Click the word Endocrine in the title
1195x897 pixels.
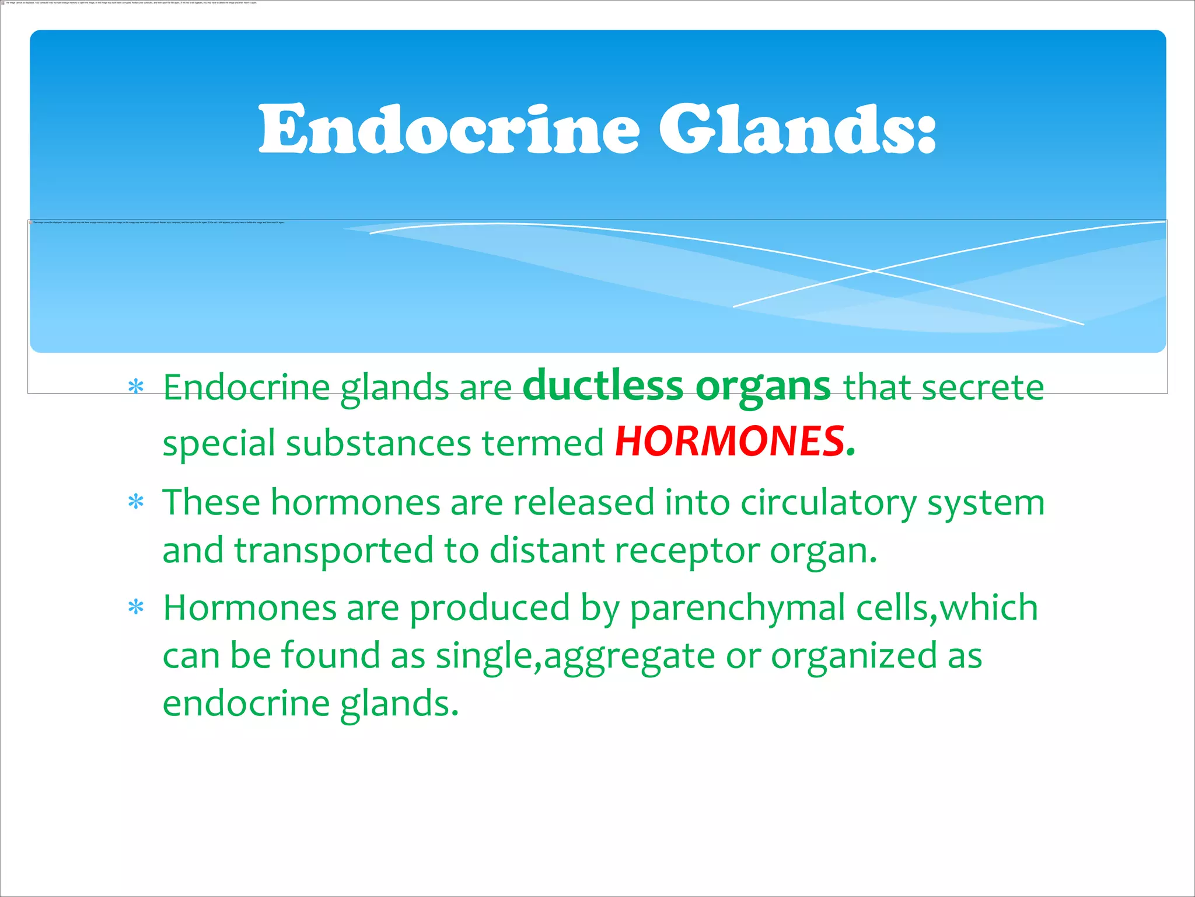click(x=449, y=130)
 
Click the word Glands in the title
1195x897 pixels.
click(x=797, y=130)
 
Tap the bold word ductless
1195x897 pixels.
click(x=602, y=387)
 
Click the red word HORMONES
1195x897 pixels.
click(x=729, y=441)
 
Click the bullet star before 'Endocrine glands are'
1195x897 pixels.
click(x=136, y=387)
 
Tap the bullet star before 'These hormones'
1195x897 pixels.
click(x=136, y=502)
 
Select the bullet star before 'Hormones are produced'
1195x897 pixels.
click(x=136, y=607)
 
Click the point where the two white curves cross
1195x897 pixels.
click(x=873, y=271)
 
